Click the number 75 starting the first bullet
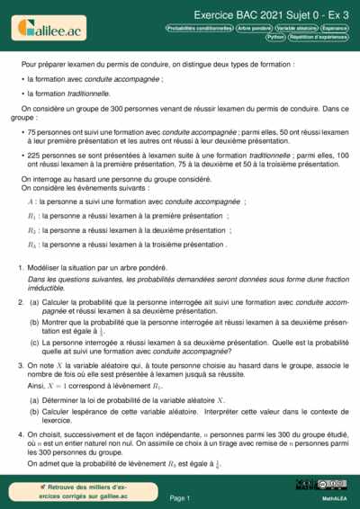(x=35, y=131)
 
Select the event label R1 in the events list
(x=31, y=216)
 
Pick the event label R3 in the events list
(x=31, y=244)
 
